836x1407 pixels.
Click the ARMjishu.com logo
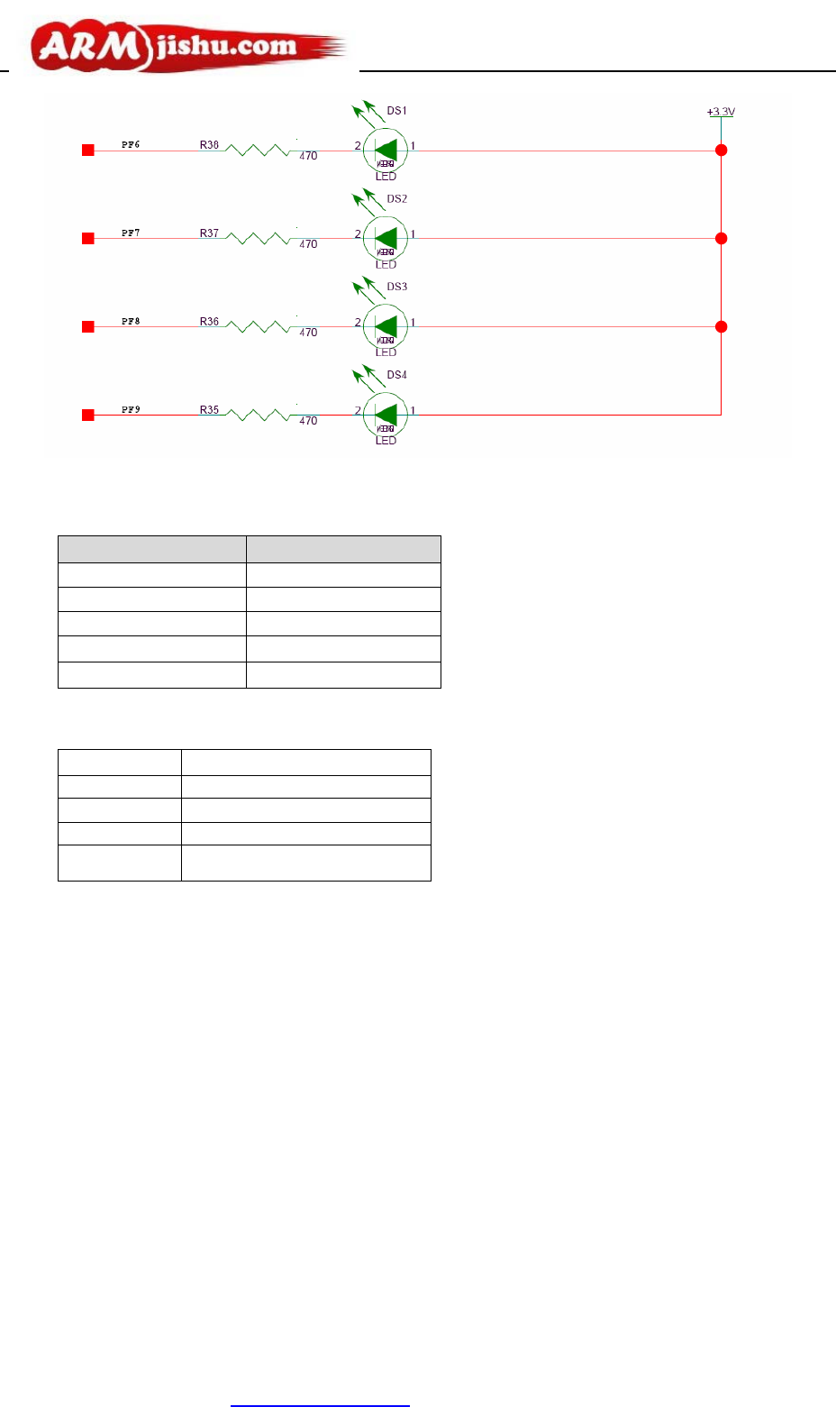186,47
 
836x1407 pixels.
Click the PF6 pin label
131,144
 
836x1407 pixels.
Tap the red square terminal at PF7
88,239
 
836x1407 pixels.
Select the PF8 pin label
131,321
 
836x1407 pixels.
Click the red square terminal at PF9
88,416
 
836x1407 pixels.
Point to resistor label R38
209,145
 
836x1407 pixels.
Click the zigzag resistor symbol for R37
258,238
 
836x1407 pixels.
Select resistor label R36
209,322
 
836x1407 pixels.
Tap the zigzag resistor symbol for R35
258,415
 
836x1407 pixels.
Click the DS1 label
396,111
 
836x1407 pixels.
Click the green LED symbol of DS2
386,238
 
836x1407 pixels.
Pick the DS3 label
396,287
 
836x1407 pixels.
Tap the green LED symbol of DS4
386,415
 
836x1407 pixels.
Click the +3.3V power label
721,112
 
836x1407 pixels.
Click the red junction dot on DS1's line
721,151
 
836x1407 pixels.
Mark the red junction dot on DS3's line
721,326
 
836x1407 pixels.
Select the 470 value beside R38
308,156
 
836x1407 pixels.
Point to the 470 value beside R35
308,421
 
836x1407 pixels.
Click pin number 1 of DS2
413,234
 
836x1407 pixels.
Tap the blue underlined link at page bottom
320,1404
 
